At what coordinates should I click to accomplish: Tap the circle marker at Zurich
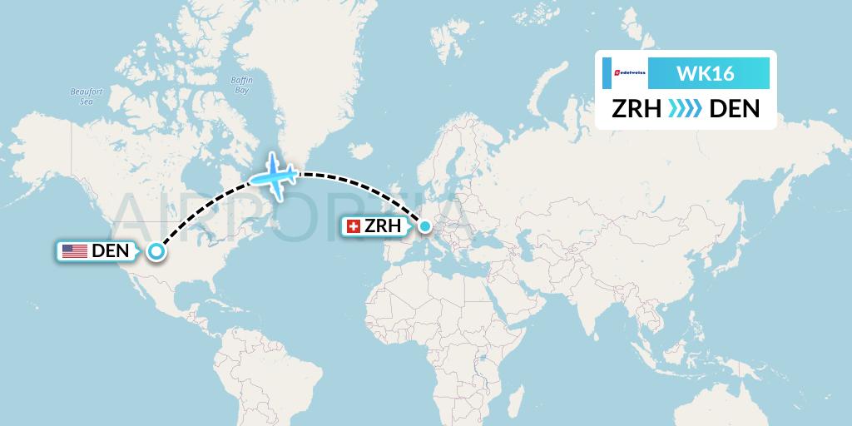click(425, 225)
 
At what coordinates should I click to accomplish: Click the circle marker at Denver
click(155, 250)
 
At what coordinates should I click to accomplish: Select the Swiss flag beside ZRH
click(354, 226)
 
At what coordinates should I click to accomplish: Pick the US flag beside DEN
click(75, 251)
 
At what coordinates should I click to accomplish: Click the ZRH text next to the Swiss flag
click(383, 226)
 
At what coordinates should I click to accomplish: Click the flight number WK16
click(705, 74)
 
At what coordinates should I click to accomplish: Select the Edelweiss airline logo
click(624, 74)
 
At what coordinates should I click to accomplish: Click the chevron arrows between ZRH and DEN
click(686, 109)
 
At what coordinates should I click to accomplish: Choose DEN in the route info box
click(734, 109)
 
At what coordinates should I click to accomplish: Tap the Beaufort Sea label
click(85, 96)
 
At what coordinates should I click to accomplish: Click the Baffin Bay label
click(241, 85)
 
